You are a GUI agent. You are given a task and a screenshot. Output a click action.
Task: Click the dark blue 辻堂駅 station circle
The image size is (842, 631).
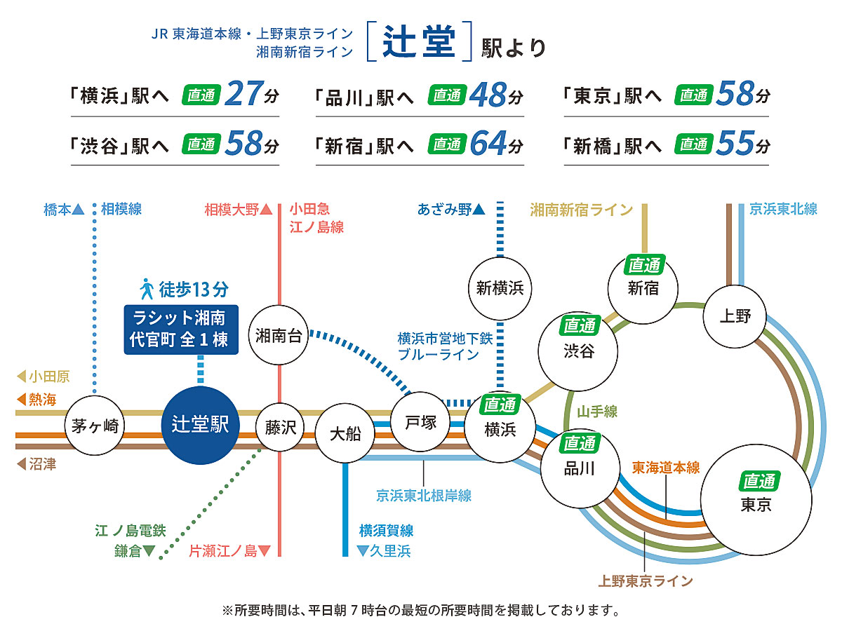(x=200, y=425)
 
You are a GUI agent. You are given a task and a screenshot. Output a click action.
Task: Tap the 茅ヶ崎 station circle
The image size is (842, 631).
(x=94, y=426)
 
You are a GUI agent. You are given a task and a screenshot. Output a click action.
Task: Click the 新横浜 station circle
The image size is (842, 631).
(x=500, y=287)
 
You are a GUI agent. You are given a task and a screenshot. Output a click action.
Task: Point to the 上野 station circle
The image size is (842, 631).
(x=734, y=316)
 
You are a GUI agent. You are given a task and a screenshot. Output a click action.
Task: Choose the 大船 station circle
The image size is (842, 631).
(x=345, y=433)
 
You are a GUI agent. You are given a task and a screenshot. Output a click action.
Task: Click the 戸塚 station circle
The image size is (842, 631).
(x=420, y=422)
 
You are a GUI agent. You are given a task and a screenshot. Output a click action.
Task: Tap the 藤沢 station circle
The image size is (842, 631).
(x=281, y=427)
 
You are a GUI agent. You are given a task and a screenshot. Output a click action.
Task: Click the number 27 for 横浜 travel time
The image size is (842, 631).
(x=244, y=95)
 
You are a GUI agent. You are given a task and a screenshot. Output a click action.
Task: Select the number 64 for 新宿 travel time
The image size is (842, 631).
(x=489, y=144)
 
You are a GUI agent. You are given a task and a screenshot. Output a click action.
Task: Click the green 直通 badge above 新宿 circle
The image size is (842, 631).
(x=643, y=265)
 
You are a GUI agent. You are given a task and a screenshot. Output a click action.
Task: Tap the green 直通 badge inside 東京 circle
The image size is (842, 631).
(x=759, y=482)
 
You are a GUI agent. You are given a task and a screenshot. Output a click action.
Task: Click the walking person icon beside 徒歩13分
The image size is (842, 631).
(x=147, y=288)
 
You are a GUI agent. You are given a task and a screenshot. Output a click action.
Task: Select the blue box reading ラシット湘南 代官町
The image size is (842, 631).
(x=180, y=328)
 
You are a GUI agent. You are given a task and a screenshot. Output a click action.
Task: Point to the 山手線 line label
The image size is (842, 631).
(x=597, y=412)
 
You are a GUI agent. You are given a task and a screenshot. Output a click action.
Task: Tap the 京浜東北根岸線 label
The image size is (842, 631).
(x=423, y=496)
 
